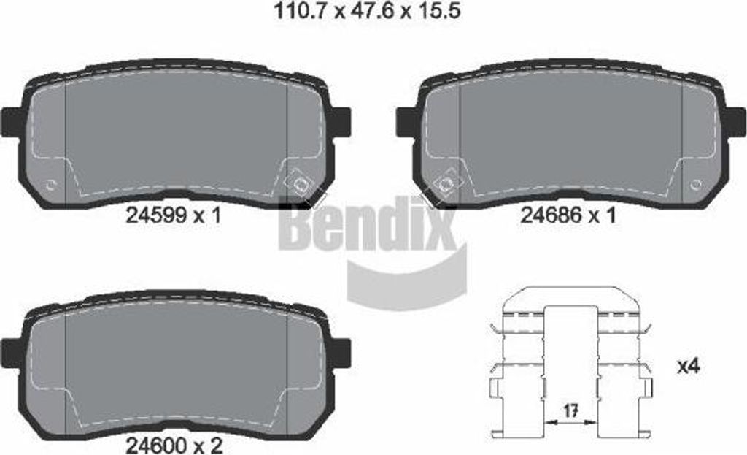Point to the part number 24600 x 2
coord(173,443)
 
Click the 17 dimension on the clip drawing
coord(572,412)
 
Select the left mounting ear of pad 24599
coord(12,121)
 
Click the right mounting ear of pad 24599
coord(341,121)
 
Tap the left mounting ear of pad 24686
coord(406,121)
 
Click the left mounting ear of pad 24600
coord(12,352)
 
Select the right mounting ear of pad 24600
coord(341,352)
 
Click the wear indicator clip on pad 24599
coord(299,183)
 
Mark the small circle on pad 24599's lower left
coord(50,184)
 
